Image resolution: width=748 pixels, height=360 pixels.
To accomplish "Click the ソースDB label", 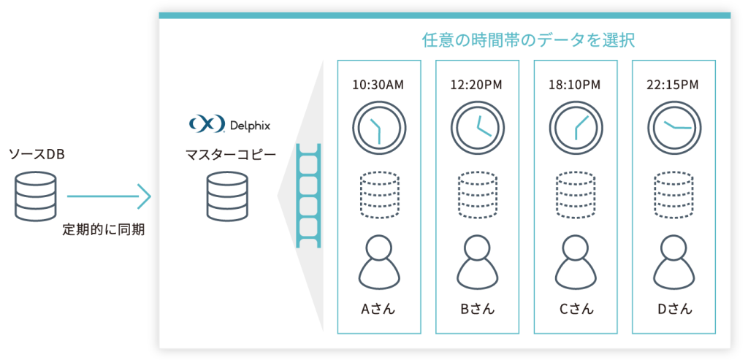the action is [37, 155].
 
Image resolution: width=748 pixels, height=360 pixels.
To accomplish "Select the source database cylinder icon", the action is [35, 197].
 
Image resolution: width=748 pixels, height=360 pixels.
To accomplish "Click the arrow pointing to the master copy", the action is [109, 196].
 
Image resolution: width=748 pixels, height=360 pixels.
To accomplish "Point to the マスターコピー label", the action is [230, 155].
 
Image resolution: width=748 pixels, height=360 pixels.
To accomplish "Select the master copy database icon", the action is [228, 197].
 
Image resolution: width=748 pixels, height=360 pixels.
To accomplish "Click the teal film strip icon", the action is [309, 196].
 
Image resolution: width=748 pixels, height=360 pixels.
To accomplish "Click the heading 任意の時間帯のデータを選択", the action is [528, 41].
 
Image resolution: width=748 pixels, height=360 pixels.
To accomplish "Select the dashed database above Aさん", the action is [379, 196].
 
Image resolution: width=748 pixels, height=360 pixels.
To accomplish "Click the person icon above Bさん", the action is [477, 261].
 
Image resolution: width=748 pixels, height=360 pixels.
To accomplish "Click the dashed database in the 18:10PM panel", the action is [576, 196].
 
